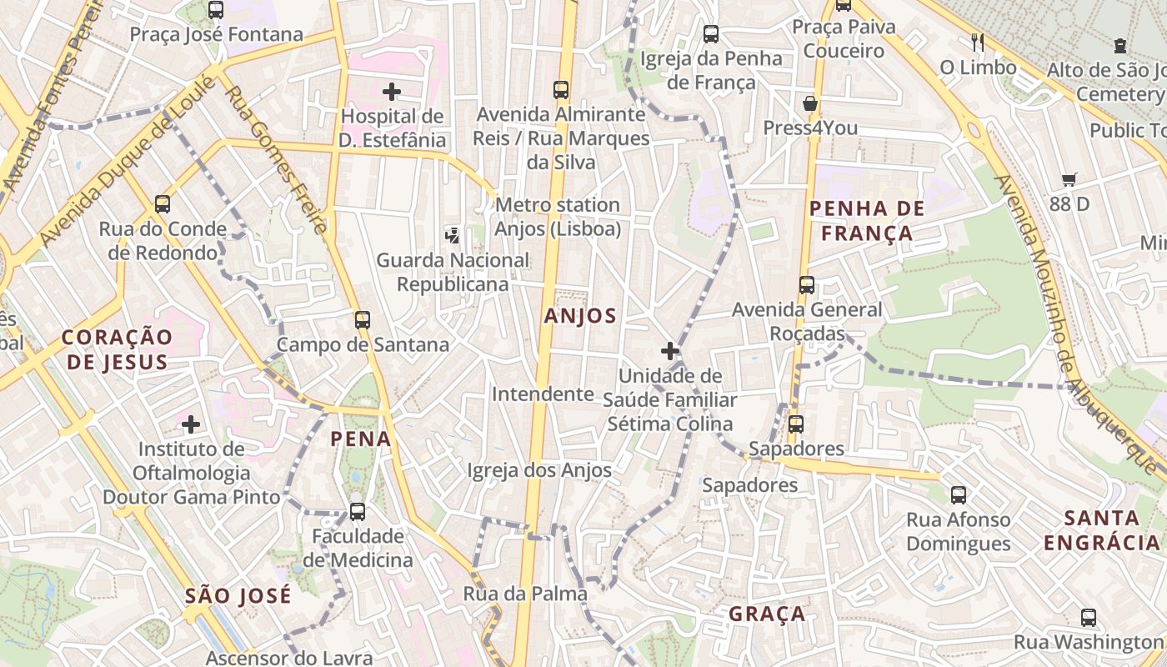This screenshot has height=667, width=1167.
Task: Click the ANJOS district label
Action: [x=580, y=316]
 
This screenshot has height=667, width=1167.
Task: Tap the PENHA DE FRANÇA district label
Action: [x=867, y=221]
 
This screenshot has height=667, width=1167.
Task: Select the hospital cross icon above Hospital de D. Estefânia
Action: [x=392, y=91]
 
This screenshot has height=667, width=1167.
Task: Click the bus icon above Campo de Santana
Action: [x=362, y=319]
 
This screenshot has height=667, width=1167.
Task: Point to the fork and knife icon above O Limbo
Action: [x=978, y=42]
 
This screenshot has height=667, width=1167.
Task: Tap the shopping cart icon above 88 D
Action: [x=1069, y=179]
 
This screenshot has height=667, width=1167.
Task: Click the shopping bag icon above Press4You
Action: [x=809, y=104]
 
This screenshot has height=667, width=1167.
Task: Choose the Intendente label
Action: [x=543, y=394]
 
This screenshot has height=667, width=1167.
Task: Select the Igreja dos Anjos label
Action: [x=539, y=470]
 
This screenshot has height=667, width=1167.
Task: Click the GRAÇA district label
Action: [x=767, y=614]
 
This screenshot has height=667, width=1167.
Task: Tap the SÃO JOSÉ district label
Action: [x=238, y=595]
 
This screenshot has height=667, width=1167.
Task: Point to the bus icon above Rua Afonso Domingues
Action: [x=959, y=495]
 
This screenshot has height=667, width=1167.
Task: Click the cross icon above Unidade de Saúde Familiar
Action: [x=669, y=351]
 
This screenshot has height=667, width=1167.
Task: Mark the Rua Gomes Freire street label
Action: [x=274, y=158]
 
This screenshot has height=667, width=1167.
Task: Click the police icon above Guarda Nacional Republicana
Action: [x=453, y=235]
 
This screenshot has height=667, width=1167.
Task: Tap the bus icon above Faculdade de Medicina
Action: [x=358, y=511]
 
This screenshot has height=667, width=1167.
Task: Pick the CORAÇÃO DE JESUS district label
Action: [x=118, y=349]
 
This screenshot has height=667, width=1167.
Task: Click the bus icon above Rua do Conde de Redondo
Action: [x=163, y=204]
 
